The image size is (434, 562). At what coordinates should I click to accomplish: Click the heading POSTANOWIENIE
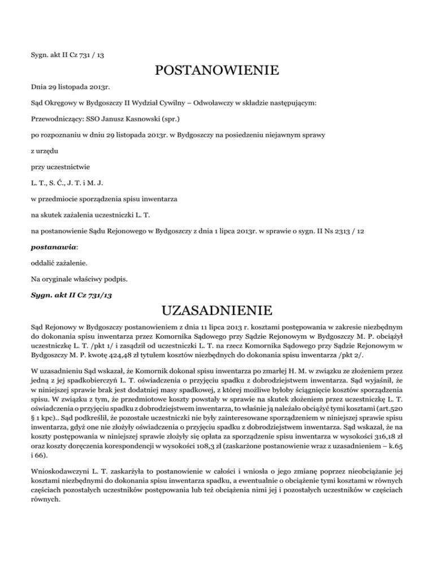point(216,71)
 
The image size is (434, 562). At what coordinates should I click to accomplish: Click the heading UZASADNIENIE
point(216,310)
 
